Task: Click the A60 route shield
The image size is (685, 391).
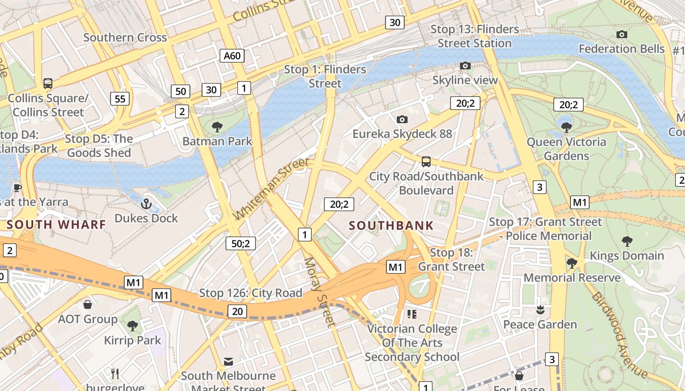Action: pyautogui.click(x=232, y=56)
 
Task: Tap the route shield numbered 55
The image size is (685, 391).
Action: pyautogui.click(x=120, y=99)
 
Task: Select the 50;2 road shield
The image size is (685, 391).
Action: pyautogui.click(x=241, y=243)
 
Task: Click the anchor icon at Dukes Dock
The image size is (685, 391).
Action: pyautogui.click(x=146, y=204)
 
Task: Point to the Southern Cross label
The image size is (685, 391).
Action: pyautogui.click(x=125, y=38)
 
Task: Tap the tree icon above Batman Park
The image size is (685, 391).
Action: pyautogui.click(x=217, y=127)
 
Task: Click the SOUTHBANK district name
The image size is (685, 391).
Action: pyautogui.click(x=391, y=225)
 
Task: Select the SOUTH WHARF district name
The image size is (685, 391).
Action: pyautogui.click(x=57, y=225)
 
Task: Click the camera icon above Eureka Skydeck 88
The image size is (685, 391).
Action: pyautogui.click(x=402, y=119)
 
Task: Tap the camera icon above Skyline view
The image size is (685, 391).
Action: pyautogui.click(x=465, y=65)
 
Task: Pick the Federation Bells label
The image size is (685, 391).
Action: pyautogui.click(x=621, y=49)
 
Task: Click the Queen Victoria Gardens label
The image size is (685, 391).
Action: pyautogui.click(x=566, y=149)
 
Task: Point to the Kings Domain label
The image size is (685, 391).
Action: pyautogui.click(x=627, y=256)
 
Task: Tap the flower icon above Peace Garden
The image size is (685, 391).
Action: pyautogui.click(x=540, y=309)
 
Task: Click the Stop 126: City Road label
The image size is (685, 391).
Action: pyautogui.click(x=251, y=293)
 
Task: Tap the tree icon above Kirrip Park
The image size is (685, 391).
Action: pyautogui.click(x=132, y=326)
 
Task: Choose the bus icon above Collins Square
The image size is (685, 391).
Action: pyautogui.click(x=48, y=83)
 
